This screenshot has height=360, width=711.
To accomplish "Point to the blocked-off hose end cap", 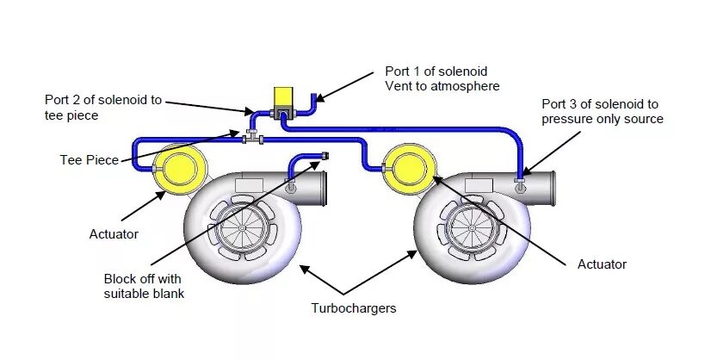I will coord(325,156).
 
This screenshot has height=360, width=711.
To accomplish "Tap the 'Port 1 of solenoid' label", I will coord(436,71).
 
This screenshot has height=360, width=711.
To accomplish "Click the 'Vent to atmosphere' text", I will coord(442,86).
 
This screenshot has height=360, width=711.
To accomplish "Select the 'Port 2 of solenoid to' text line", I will coord(102,100).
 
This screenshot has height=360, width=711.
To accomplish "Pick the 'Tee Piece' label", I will coord(90,160).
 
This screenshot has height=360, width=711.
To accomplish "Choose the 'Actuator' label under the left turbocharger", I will coord(114,233).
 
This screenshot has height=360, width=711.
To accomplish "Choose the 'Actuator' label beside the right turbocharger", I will coord(602,264).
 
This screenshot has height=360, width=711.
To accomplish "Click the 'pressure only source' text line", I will coord(603,119).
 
